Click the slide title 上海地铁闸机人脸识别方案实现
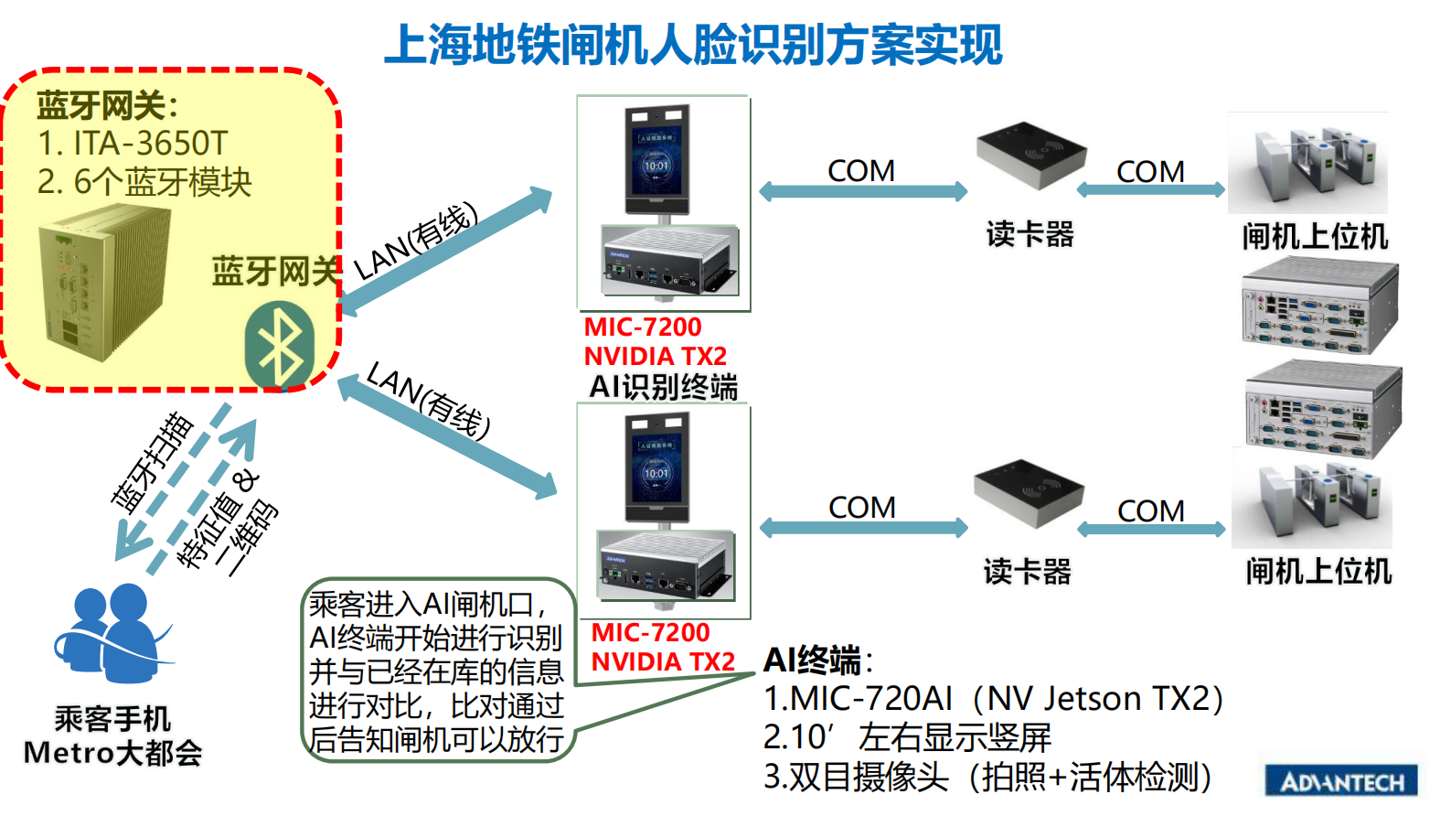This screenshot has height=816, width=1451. pyautogui.click(x=693, y=44)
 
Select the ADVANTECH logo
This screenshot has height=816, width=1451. pyautogui.click(x=1341, y=781)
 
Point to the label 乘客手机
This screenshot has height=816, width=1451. pyautogui.click(x=112, y=718)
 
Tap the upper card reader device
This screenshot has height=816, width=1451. pyautogui.click(x=1031, y=156)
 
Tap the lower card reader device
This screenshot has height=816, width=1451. pyautogui.click(x=1029, y=493)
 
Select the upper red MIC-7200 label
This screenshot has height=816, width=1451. pyautogui.click(x=643, y=327)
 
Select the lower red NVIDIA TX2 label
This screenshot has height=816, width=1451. pyautogui.click(x=663, y=661)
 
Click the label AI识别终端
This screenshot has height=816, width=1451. pyautogui.click(x=663, y=387)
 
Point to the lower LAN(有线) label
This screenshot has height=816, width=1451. pyautogui.click(x=428, y=400)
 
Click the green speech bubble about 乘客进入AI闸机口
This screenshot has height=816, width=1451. pyautogui.click(x=436, y=671)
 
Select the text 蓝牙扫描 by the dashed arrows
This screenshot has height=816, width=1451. pyautogui.click(x=152, y=462)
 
